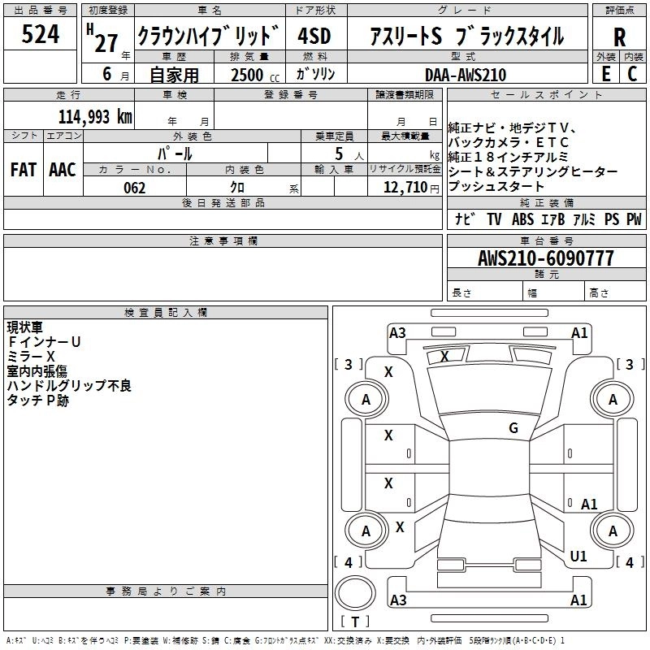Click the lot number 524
(40, 34)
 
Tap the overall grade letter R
(619, 37)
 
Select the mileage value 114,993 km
(95, 117)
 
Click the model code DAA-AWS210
(466, 75)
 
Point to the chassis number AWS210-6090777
(545, 258)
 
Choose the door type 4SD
(314, 36)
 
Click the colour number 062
(134, 188)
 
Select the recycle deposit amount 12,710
(405, 187)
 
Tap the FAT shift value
(24, 170)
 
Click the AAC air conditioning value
(63, 170)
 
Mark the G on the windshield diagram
(513, 428)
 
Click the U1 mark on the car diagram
(578, 557)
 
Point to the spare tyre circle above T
(355, 593)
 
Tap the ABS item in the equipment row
(522, 219)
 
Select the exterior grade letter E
(605, 74)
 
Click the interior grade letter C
(632, 74)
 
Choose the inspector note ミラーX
(31, 357)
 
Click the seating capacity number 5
(339, 154)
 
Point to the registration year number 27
(106, 43)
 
